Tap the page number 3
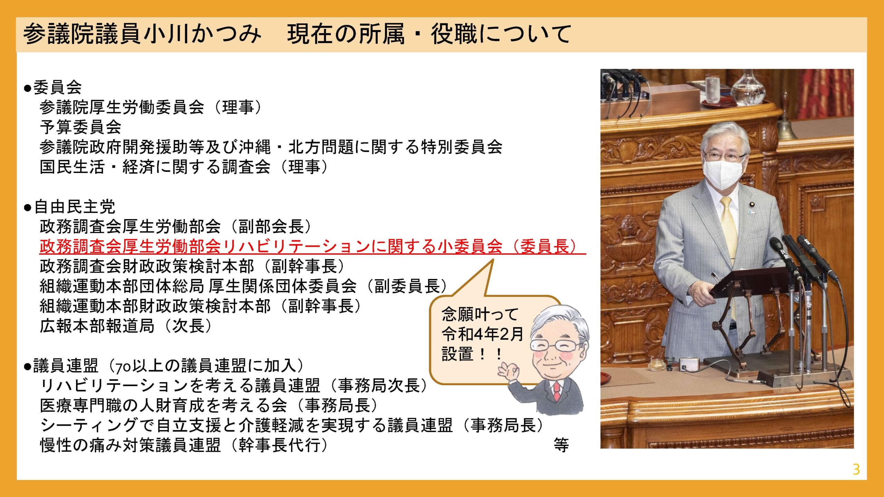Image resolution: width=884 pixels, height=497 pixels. point(856,469)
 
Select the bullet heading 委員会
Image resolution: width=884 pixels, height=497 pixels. point(53,87)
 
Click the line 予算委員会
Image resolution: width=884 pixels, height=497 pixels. point(80,127)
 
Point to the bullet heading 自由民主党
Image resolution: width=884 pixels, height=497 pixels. point(69,207)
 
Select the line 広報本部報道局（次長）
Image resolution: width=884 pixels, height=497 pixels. point(126,326)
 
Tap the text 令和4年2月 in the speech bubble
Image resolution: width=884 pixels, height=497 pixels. point(482,334)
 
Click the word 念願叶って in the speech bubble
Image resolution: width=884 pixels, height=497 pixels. point(480,314)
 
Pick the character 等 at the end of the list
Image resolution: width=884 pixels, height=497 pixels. point(561,445)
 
